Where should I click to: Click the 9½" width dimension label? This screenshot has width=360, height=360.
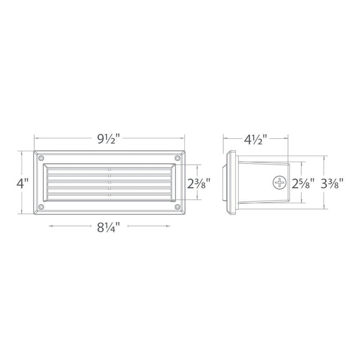[109, 139]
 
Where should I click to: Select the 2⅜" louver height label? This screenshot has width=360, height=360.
[199, 184]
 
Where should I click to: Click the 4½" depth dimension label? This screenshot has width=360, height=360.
[256, 139]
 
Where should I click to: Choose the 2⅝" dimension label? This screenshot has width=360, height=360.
[303, 184]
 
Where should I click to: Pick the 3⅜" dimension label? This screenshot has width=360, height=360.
[332, 184]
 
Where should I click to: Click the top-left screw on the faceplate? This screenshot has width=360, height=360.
[41, 158]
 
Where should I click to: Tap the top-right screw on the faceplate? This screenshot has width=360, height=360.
[177, 158]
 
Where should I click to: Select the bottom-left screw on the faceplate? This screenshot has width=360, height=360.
[41, 207]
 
